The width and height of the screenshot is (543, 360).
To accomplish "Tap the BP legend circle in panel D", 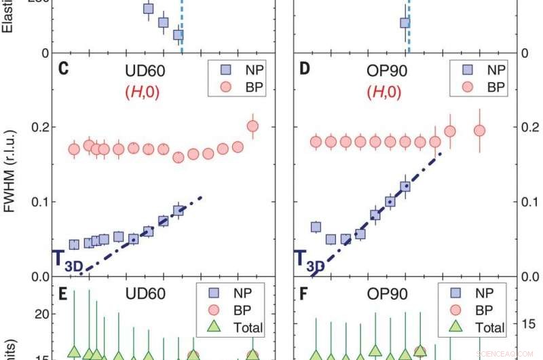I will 466,86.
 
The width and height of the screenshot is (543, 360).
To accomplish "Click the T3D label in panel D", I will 309,260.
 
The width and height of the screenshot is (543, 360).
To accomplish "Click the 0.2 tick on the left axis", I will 39,128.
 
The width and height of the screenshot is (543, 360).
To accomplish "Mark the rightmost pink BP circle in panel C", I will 252,126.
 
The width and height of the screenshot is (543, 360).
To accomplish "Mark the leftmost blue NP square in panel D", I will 316,228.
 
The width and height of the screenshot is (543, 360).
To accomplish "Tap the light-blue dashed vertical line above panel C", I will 181,27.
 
